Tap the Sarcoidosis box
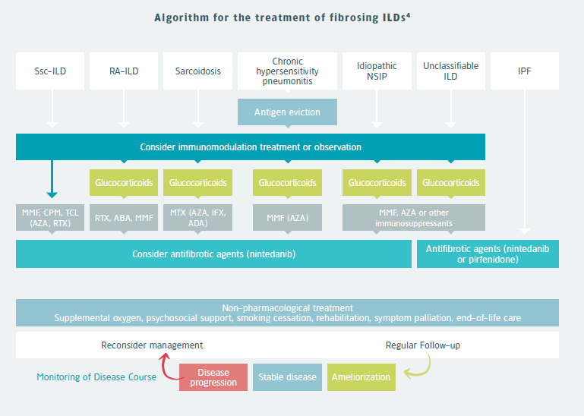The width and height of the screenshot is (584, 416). [x=197, y=71]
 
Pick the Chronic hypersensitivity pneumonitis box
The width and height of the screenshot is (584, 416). [x=287, y=71]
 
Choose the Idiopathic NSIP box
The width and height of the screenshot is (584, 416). [x=377, y=71]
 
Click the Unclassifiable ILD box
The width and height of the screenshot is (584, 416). [x=450, y=71]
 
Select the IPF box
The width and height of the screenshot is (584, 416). [x=524, y=71]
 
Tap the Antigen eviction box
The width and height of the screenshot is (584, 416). [x=287, y=112]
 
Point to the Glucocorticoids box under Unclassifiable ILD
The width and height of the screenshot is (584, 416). [x=450, y=183]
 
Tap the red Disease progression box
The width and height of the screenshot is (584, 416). [x=213, y=377]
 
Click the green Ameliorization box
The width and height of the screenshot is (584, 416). [x=361, y=377]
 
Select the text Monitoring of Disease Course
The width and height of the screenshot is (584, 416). [x=96, y=377]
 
